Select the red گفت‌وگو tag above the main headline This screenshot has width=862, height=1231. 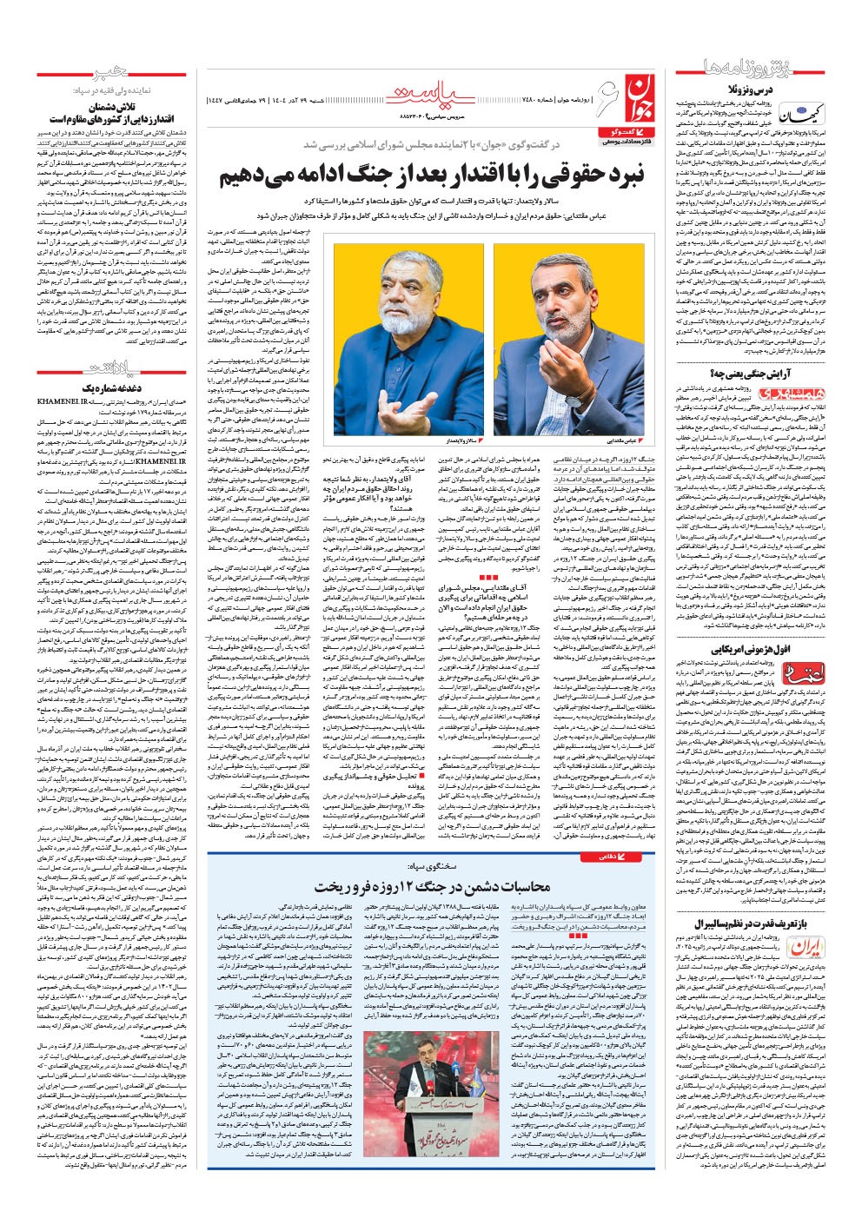[x=620, y=130]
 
